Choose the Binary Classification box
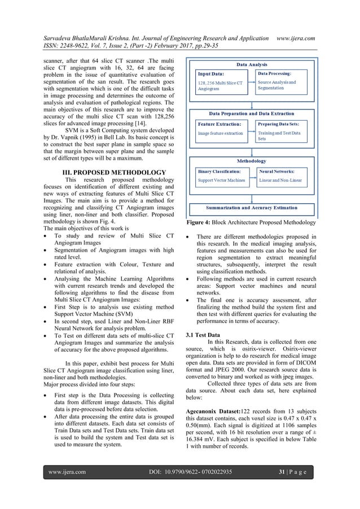click(221, 176)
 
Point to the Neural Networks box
click(282, 176)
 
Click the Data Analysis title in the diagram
click(252, 65)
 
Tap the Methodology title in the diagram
click(252, 160)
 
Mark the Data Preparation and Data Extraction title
click(252, 113)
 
